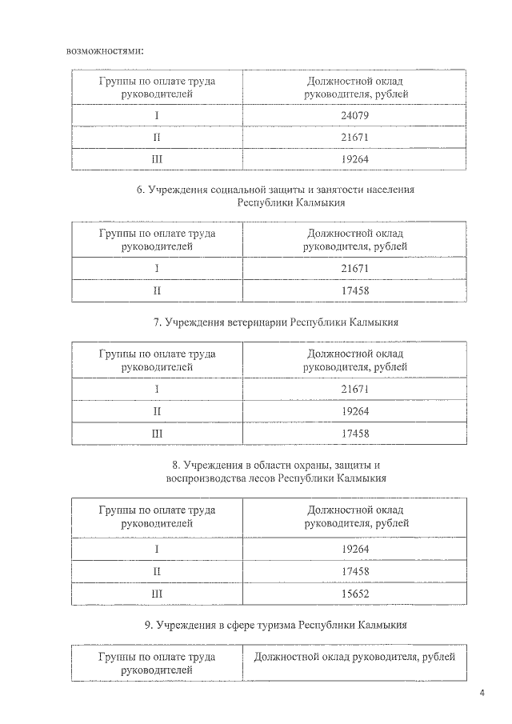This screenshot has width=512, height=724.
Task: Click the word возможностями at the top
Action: pos(105,50)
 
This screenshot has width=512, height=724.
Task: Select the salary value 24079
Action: pos(355,114)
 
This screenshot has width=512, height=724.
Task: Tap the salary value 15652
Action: pos(355,594)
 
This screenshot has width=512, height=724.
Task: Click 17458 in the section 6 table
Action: pos(355,290)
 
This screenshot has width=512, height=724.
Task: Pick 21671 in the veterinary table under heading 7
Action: pos(355,389)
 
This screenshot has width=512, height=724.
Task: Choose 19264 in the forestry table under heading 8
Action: pos(355,550)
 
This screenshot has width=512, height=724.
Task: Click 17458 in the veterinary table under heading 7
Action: pos(355,434)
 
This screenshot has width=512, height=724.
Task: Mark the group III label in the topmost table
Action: pos(157,159)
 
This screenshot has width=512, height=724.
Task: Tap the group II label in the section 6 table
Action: pos(157,290)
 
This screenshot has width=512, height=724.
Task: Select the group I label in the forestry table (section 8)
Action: pos(157,550)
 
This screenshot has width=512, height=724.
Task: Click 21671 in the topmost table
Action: pos(355,137)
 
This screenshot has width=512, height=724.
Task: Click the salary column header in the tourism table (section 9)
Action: pos(354,657)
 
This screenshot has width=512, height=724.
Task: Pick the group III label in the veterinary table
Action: pos(157,434)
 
